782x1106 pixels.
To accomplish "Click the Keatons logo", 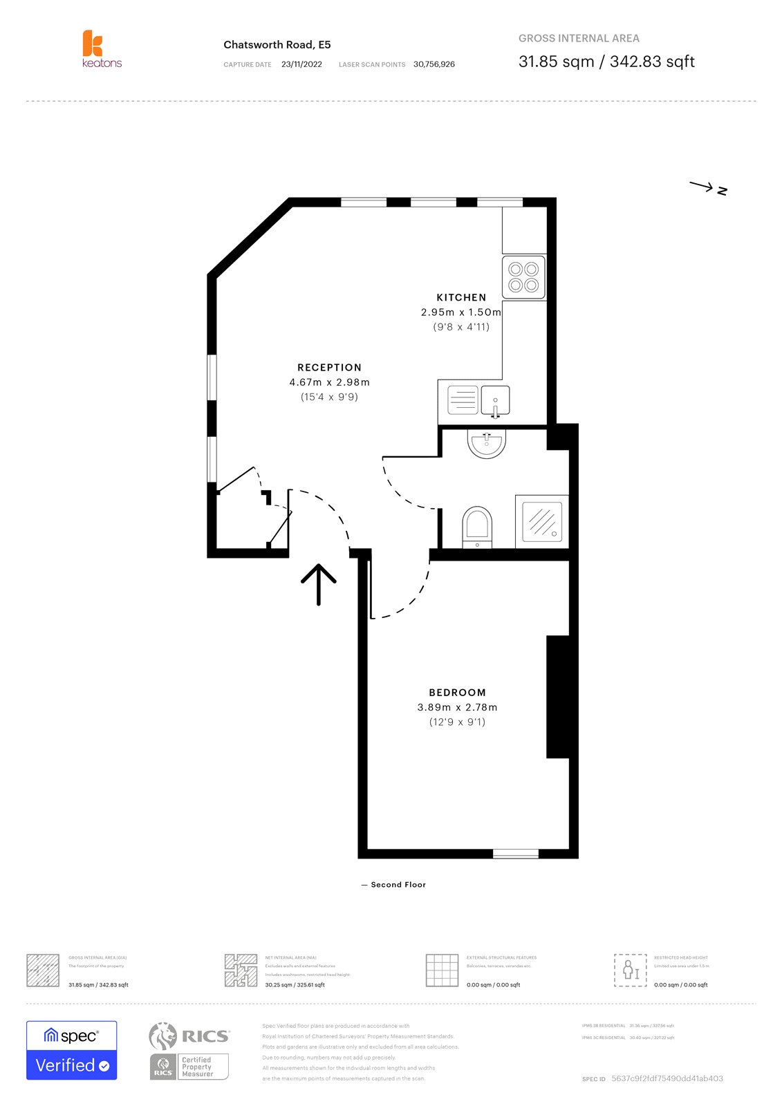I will pos(101,48).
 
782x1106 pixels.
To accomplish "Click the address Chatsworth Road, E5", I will pos(277,45).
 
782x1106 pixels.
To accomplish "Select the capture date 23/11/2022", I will pos(301,64).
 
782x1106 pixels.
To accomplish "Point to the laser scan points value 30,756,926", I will pos(434,64).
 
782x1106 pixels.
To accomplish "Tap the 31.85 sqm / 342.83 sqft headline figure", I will pos(606,62).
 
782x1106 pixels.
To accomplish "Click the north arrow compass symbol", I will pos(708,187).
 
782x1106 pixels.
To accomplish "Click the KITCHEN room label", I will pos(461,297).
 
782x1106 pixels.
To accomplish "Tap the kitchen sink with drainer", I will pos(478,400).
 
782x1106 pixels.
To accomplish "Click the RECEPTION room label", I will pos(329,368).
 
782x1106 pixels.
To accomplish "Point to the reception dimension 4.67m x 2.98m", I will pos(329,382).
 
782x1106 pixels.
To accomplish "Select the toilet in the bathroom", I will pos(476,526).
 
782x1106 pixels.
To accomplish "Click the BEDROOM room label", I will pos(457,693).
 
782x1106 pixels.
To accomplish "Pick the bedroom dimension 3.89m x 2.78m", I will pos(457,707).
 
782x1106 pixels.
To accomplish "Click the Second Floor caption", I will pos(397,885).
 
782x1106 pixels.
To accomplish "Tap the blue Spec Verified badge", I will pos(72,1050).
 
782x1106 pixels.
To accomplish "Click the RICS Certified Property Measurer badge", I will pos(189,1051).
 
